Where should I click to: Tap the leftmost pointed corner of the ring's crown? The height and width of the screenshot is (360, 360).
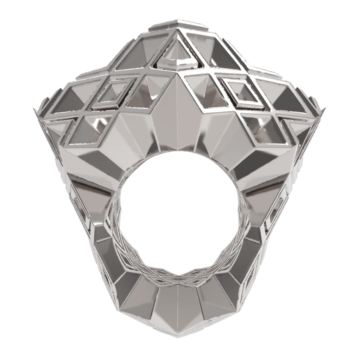pos(34,110)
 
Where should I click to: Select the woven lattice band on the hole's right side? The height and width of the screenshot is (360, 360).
pos(243,225)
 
